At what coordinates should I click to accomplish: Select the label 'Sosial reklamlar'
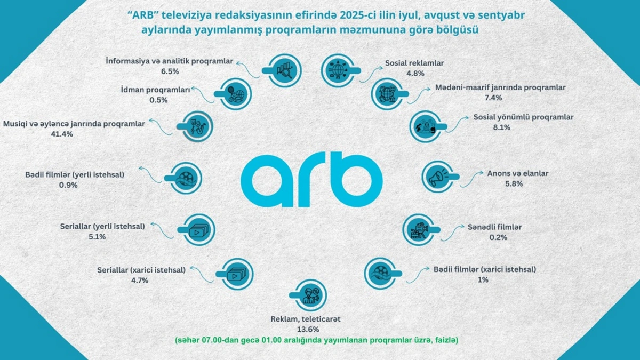(x=414, y=63)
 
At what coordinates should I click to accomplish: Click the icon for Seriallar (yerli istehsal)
(x=196, y=230)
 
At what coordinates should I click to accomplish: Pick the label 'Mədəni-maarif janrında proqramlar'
(x=500, y=87)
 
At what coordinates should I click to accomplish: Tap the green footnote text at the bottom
(x=319, y=340)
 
